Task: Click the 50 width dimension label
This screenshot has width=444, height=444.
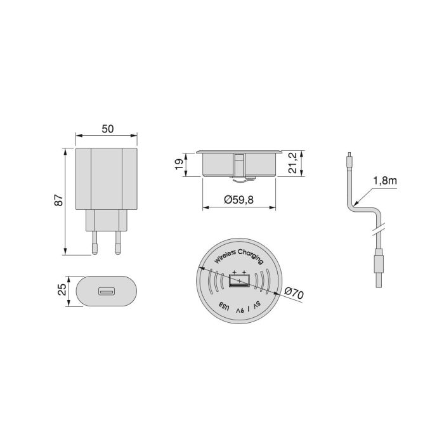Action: point(107,128)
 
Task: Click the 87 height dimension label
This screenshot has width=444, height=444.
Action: point(59,200)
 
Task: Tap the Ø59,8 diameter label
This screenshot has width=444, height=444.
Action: point(239,200)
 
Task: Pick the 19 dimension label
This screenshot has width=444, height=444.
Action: point(180,164)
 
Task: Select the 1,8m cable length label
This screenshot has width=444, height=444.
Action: point(386,181)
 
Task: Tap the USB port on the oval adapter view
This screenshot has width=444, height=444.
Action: point(106,292)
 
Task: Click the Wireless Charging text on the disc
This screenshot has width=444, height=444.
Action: point(239,256)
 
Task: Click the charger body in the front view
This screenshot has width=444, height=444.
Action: point(107,179)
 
